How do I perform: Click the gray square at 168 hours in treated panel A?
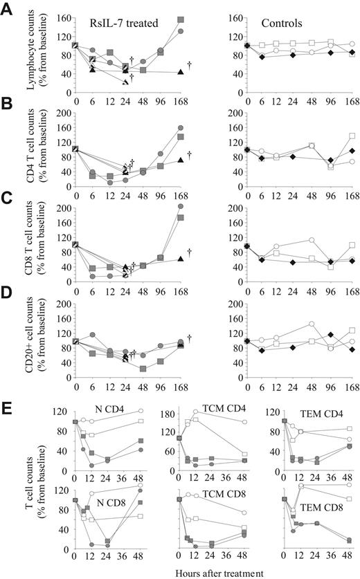click(181, 20)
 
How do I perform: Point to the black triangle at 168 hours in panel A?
click(181, 72)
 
